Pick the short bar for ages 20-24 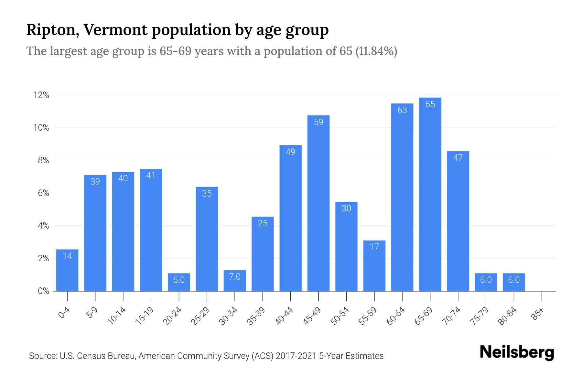tap(179, 282)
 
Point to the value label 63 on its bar tap(402, 110)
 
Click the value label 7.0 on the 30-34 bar tap(235, 277)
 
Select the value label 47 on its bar tap(458, 158)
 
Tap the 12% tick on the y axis tap(41, 95)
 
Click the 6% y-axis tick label tap(43, 193)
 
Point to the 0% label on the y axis tap(43, 291)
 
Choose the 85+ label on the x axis tap(538, 314)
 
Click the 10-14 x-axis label tap(117, 316)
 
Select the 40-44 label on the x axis tap(284, 316)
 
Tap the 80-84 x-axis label tap(508, 316)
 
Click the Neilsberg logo tap(517, 352)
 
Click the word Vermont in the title tap(115, 30)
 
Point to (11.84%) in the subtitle tap(376, 51)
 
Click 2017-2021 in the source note tap(296, 356)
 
